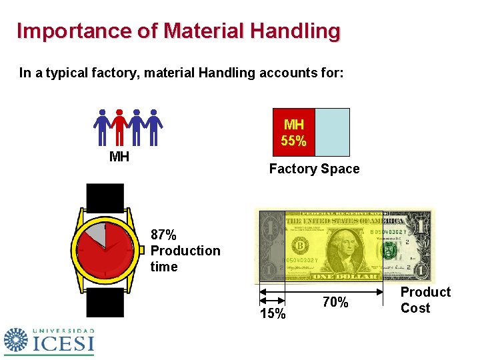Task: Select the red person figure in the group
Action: tap(119, 127)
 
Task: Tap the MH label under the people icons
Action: tap(119, 157)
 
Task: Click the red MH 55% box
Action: tap(294, 132)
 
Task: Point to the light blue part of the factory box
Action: tap(332, 132)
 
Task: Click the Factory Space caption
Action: tap(314, 169)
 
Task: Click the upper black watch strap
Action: tap(105, 197)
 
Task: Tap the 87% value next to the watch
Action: tap(164, 235)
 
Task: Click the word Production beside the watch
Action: tap(185, 251)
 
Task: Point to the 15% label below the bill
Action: tap(273, 314)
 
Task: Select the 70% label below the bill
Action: tap(335, 302)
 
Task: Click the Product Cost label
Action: tap(425, 300)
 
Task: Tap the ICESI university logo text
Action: tap(63, 343)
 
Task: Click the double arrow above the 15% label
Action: tap(271, 291)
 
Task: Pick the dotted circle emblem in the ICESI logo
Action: tap(16, 340)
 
